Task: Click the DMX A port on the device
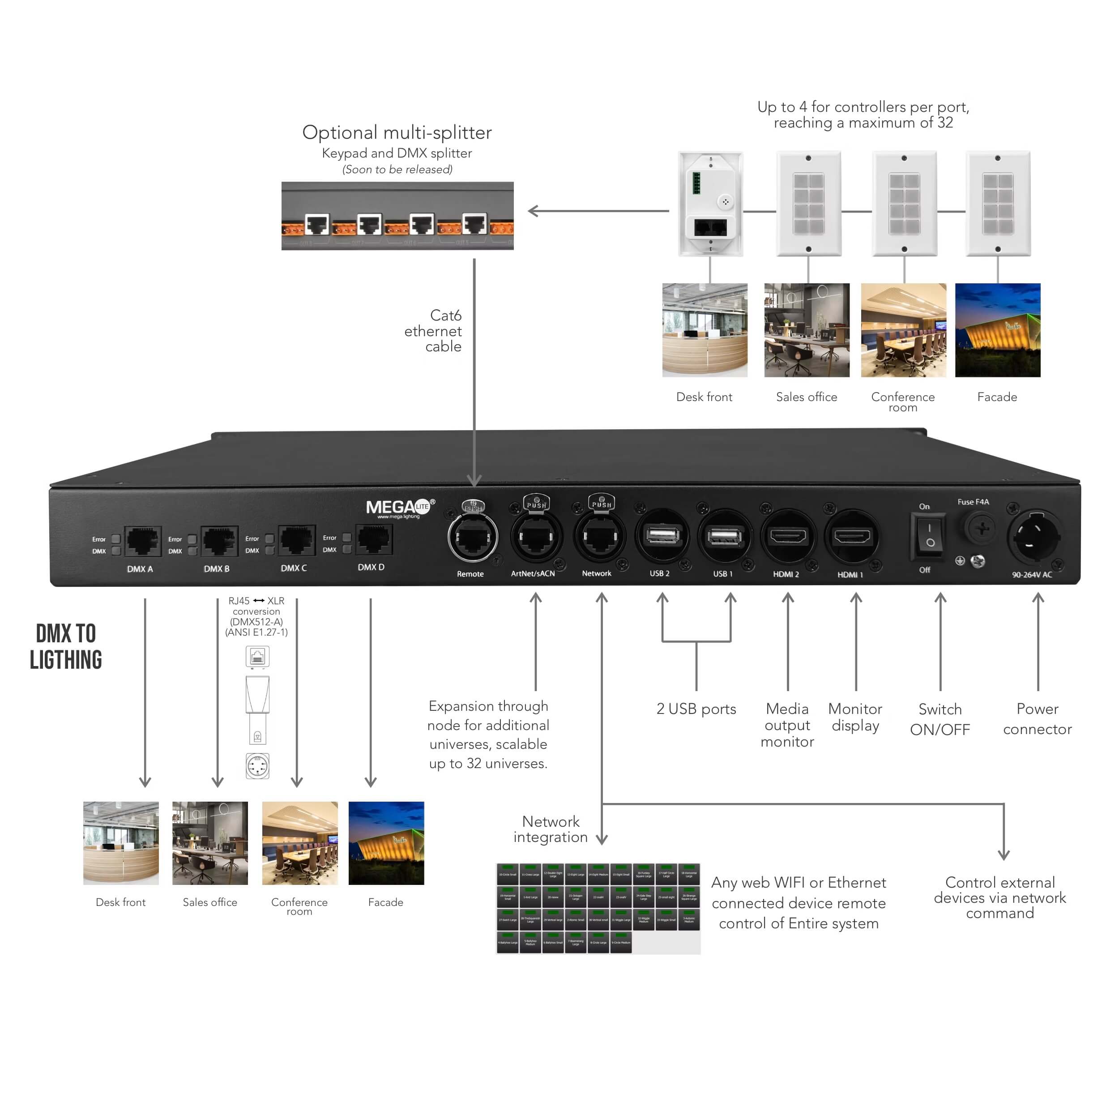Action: coord(142,540)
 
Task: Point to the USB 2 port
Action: coord(662,536)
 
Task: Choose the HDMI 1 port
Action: coord(851,536)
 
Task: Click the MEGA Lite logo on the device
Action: coord(400,508)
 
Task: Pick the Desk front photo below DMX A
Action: coord(120,843)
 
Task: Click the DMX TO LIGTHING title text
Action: coord(66,646)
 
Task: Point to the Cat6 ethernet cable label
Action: coord(434,331)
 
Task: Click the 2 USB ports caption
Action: coord(696,709)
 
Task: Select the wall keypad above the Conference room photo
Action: coord(904,203)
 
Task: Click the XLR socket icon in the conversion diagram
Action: coord(257,766)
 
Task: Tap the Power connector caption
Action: coord(1038,719)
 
